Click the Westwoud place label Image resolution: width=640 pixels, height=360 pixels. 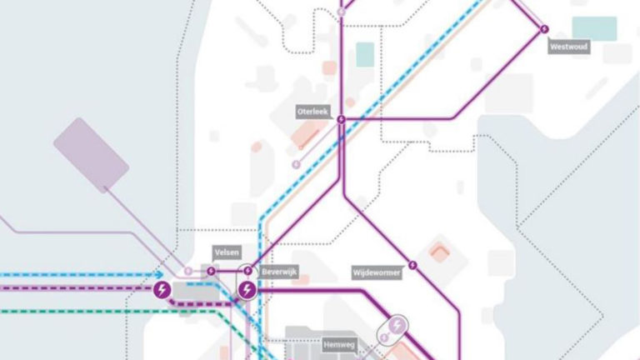(x=569, y=47)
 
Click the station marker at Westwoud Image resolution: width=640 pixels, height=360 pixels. (x=545, y=29)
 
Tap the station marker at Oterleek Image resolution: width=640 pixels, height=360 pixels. (x=341, y=120)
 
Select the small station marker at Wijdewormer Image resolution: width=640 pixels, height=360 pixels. (x=412, y=265)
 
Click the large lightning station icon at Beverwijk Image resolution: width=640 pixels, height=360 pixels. (x=247, y=290)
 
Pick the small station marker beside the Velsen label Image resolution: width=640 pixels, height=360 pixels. (x=212, y=270)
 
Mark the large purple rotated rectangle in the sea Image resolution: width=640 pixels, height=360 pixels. (x=91, y=155)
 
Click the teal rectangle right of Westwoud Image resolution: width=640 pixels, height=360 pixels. (x=595, y=28)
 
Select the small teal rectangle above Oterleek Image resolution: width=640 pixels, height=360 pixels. (x=365, y=55)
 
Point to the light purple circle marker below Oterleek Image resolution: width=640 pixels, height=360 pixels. (x=296, y=164)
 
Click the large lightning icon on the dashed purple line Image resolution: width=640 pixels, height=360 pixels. (x=162, y=290)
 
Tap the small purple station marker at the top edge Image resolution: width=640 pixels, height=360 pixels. (x=341, y=12)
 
